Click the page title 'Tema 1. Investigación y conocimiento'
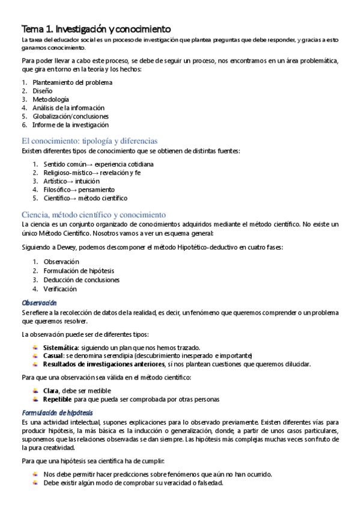tap(96, 29)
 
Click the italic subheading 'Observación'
tap(39, 303)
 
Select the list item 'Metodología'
tap(50, 99)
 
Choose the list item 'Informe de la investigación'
tap(70, 124)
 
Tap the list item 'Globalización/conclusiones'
tap(70, 116)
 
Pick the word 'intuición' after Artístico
tap(88, 180)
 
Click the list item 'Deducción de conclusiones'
tap(81, 280)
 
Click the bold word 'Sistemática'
tap(61, 348)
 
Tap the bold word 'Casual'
tap(54, 355)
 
